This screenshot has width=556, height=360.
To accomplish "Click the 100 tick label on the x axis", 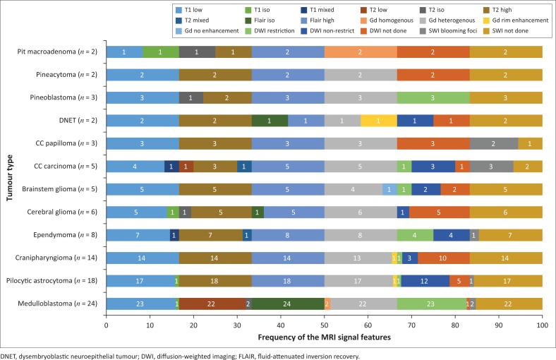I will (542, 325).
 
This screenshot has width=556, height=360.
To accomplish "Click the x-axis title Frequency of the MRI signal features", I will (324, 338).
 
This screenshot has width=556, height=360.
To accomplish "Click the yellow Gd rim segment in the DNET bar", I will (379, 120).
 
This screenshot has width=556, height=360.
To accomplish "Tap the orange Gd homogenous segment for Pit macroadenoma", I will (361, 52).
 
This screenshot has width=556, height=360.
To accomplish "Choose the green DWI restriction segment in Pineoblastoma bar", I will (433, 97).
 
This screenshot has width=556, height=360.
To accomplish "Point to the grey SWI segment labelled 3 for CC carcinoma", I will (491, 166).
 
